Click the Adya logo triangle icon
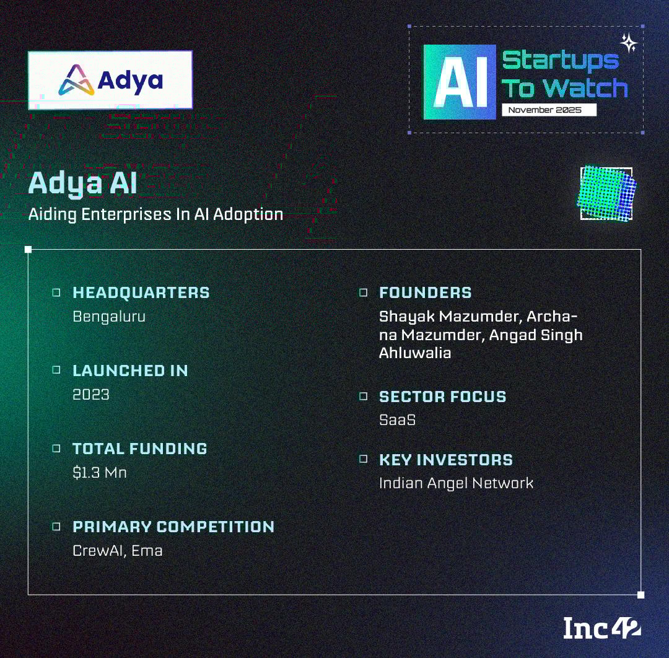[x=76, y=80]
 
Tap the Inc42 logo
[x=601, y=628]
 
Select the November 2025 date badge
[x=549, y=110]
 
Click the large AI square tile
[x=460, y=82]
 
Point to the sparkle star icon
[x=629, y=43]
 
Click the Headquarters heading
[x=141, y=292]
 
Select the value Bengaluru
[x=109, y=317]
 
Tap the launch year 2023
[x=91, y=394]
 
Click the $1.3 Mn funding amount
[x=100, y=472]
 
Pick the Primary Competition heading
[x=173, y=527]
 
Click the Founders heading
[x=426, y=292]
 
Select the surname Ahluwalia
[x=415, y=353]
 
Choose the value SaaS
[x=397, y=420]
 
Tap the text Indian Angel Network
[x=456, y=483]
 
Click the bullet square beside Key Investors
[x=364, y=458]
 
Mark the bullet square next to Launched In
[x=56, y=369]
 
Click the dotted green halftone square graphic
[x=606, y=193]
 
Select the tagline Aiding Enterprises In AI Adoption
[x=155, y=214]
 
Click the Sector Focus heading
[x=443, y=397]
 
